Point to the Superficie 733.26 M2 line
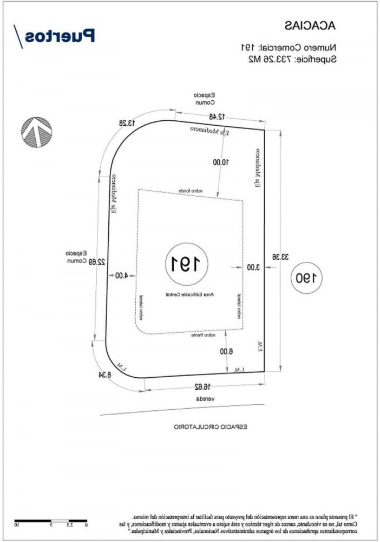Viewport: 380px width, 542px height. pyautogui.click(x=288, y=59)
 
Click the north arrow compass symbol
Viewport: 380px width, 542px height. pyautogui.click(x=37, y=132)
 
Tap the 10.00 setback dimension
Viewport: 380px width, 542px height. pyautogui.click(x=221, y=162)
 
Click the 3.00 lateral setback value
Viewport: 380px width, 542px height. pyautogui.click(x=253, y=267)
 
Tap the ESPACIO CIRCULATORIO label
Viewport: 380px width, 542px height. pyautogui.click(x=210, y=427)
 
